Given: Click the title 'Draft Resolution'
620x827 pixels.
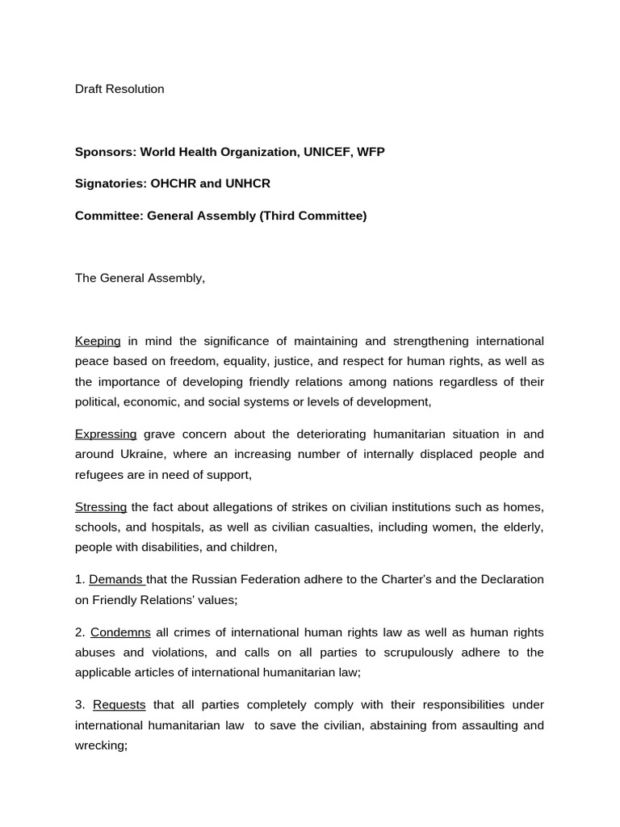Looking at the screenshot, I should point(119,89).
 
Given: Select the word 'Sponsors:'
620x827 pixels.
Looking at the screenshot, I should point(106,152).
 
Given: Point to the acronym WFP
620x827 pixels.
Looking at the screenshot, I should point(371,152).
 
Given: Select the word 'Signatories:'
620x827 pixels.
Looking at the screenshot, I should point(111,183).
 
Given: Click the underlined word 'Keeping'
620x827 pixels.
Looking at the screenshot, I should point(98,341).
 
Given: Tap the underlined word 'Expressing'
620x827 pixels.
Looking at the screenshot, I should point(106,434).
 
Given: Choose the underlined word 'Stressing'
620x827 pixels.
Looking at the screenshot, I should point(101,506).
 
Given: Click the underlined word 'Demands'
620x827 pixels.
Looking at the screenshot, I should point(115,579).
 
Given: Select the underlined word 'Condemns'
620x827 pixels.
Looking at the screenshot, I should point(120,632).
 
